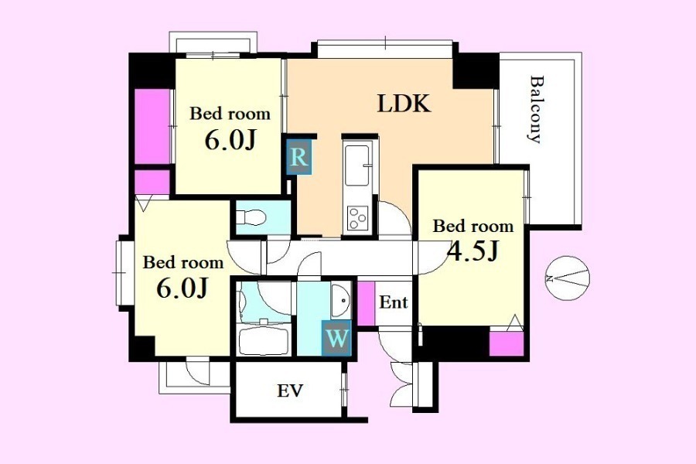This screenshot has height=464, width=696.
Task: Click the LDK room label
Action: tap(404, 104)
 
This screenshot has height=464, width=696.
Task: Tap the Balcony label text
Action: tap(537, 110)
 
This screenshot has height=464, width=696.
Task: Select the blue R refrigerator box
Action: tap(299, 157)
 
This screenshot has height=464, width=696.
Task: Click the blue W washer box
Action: tap(336, 339)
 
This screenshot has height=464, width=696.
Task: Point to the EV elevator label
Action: tap(290, 391)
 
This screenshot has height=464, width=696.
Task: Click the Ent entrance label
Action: tap(394, 302)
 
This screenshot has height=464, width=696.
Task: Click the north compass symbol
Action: tap(568, 278)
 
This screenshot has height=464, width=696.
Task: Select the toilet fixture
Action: tap(251, 217)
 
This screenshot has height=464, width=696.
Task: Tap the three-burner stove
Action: tap(358, 217)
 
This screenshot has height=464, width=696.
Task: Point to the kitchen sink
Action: tap(357, 165)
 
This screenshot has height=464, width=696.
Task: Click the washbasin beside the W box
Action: tap(341, 300)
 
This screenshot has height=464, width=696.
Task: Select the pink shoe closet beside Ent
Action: tap(367, 303)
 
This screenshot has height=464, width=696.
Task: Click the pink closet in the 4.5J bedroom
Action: tap(507, 343)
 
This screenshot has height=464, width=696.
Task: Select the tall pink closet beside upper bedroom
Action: tap(152, 127)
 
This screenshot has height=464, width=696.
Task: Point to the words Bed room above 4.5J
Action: tap(473, 226)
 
